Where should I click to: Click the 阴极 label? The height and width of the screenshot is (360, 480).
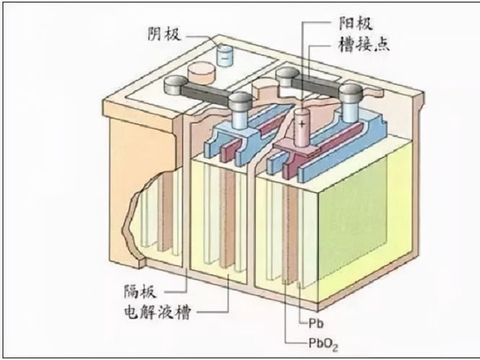tap(161, 34)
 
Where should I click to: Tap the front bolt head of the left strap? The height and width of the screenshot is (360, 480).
tap(240, 102)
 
